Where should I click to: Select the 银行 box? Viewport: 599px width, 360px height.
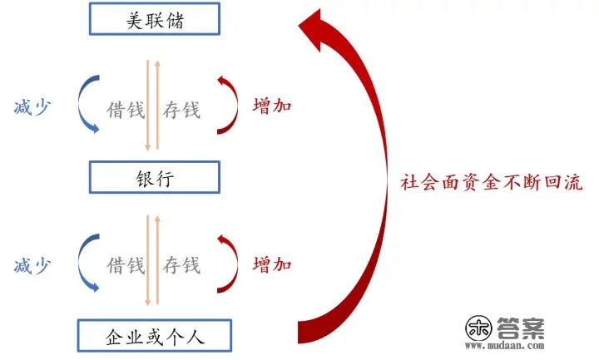coord(154,177)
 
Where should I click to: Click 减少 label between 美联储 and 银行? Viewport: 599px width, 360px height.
coord(32,107)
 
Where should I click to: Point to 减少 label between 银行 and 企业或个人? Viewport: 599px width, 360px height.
coord(32,266)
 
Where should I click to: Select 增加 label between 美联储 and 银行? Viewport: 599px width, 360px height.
coord(272,107)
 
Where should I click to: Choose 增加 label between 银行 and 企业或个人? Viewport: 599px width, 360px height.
coord(272,266)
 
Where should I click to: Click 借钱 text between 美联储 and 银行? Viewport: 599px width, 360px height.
coord(125,109)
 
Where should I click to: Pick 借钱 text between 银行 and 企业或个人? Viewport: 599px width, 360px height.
coord(125,266)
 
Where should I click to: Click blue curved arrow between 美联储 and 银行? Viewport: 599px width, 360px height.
coord(82,106)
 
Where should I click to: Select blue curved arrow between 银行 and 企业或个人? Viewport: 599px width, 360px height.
coord(82,264)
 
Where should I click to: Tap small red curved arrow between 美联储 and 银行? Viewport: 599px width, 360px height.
coord(230,106)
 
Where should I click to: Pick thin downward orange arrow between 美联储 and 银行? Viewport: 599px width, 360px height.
coord(147,104)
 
